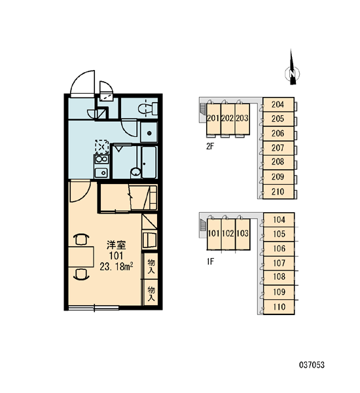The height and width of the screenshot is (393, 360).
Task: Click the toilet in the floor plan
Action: click(147, 109)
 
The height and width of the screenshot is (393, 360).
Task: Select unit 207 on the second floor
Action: click(278, 148)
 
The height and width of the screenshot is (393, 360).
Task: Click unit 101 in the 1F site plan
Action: click(214, 234)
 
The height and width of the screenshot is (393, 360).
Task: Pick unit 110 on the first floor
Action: click(279, 307)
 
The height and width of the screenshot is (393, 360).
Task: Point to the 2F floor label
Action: click(210, 146)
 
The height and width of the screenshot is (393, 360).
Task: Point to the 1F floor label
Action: click(211, 261)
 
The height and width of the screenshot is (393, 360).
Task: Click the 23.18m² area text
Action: click(117, 267)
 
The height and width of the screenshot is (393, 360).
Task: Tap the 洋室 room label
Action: click(117, 245)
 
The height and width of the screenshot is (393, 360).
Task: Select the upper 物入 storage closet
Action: click(151, 266)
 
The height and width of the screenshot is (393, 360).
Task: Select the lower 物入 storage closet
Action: click(151, 293)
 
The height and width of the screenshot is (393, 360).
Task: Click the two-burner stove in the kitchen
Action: click(101, 159)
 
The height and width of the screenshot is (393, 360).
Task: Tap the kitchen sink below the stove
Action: click(101, 172)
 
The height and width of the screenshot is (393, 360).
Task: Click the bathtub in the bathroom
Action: click(149, 162)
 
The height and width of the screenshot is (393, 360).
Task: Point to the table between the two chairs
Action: click(81, 256)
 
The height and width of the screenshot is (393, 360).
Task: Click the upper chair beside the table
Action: click(81, 239)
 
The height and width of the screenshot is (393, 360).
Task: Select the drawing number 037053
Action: click(312, 365)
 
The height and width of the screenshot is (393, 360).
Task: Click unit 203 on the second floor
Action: click(242, 119)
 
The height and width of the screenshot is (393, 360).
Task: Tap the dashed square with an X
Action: click(101, 147)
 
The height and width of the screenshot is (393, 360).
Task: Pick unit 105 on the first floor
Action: click(279, 234)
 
